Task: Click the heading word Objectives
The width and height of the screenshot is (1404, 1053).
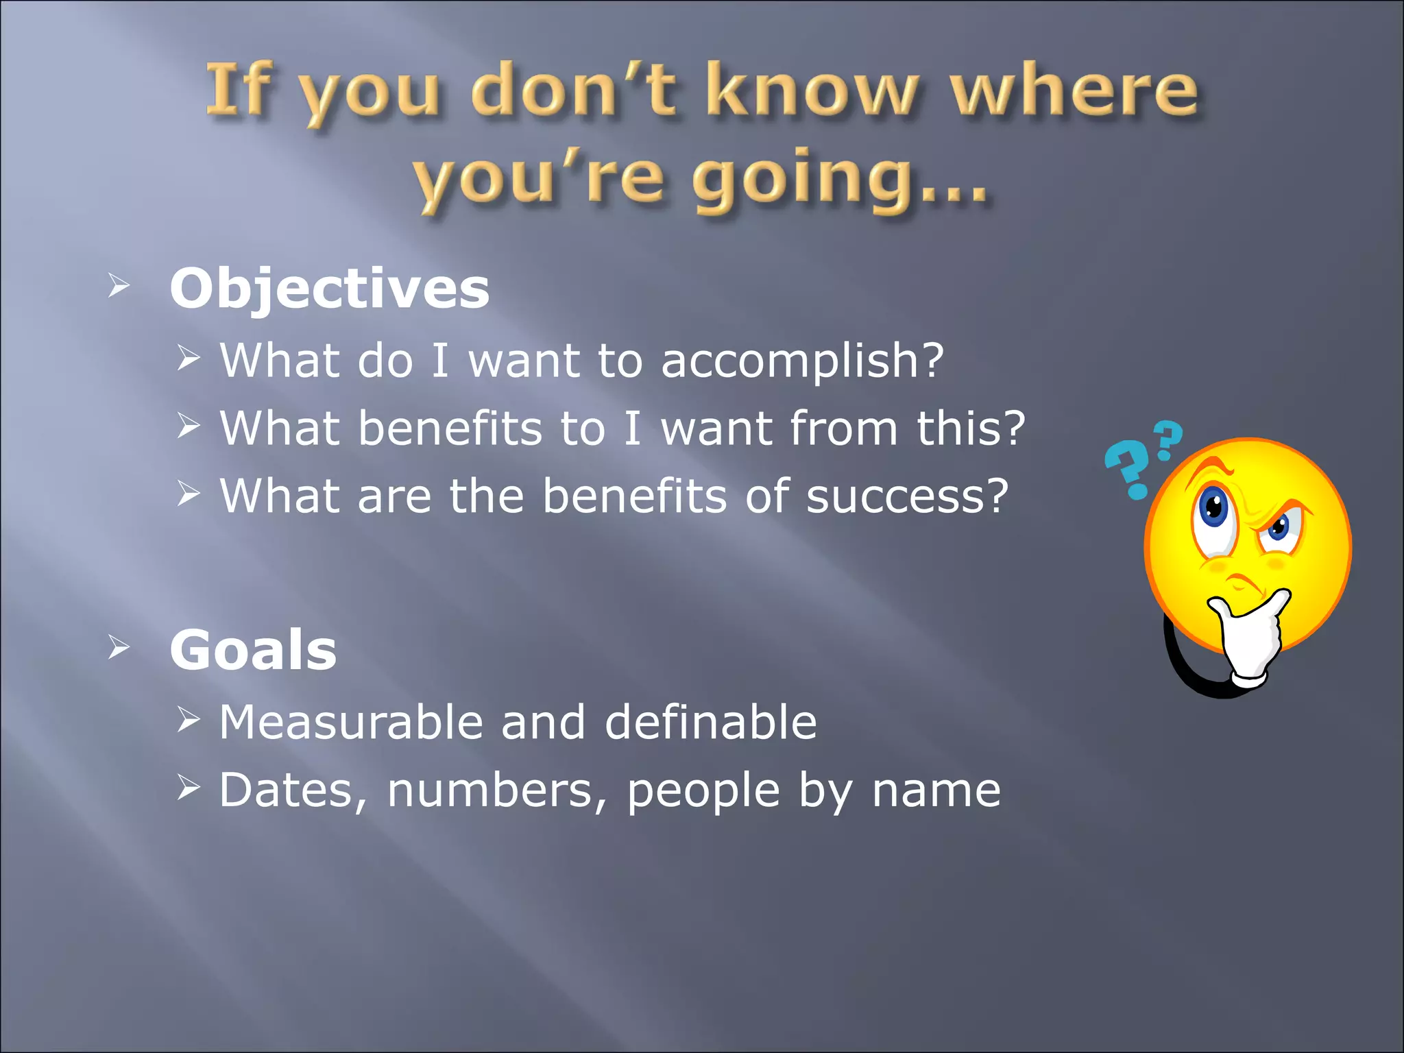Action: point(329,289)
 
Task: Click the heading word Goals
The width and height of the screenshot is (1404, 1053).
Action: point(253,650)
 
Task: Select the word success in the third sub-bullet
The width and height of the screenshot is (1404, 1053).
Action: point(897,496)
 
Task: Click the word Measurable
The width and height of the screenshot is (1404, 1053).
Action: point(350,723)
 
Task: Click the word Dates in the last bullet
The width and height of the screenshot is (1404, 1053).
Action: point(285,790)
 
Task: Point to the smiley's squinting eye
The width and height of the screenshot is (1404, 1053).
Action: point(1279,528)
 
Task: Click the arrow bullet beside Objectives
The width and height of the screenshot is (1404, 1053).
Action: point(118,287)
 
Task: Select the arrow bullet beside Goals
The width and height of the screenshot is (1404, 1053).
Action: point(118,647)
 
